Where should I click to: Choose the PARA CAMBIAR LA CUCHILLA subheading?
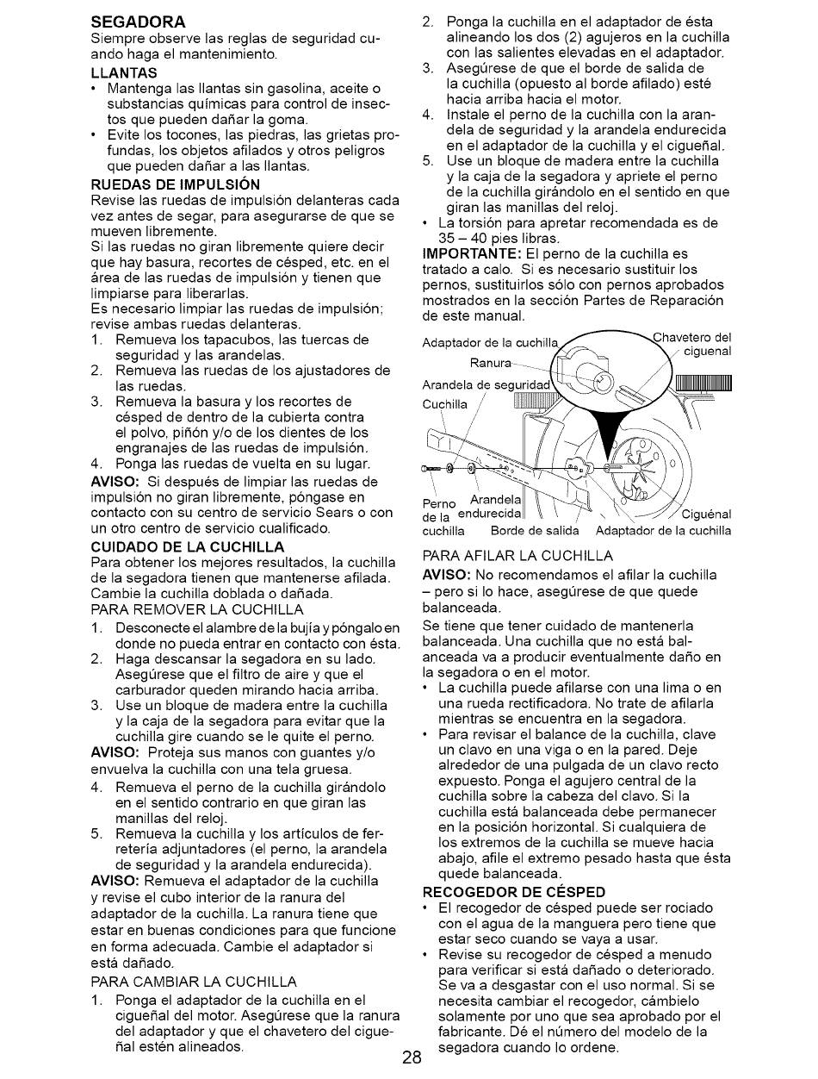193,982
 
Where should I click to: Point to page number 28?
411,1057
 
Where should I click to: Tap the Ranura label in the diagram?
491,363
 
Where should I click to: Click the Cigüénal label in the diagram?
706,515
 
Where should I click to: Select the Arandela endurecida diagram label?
489,508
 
